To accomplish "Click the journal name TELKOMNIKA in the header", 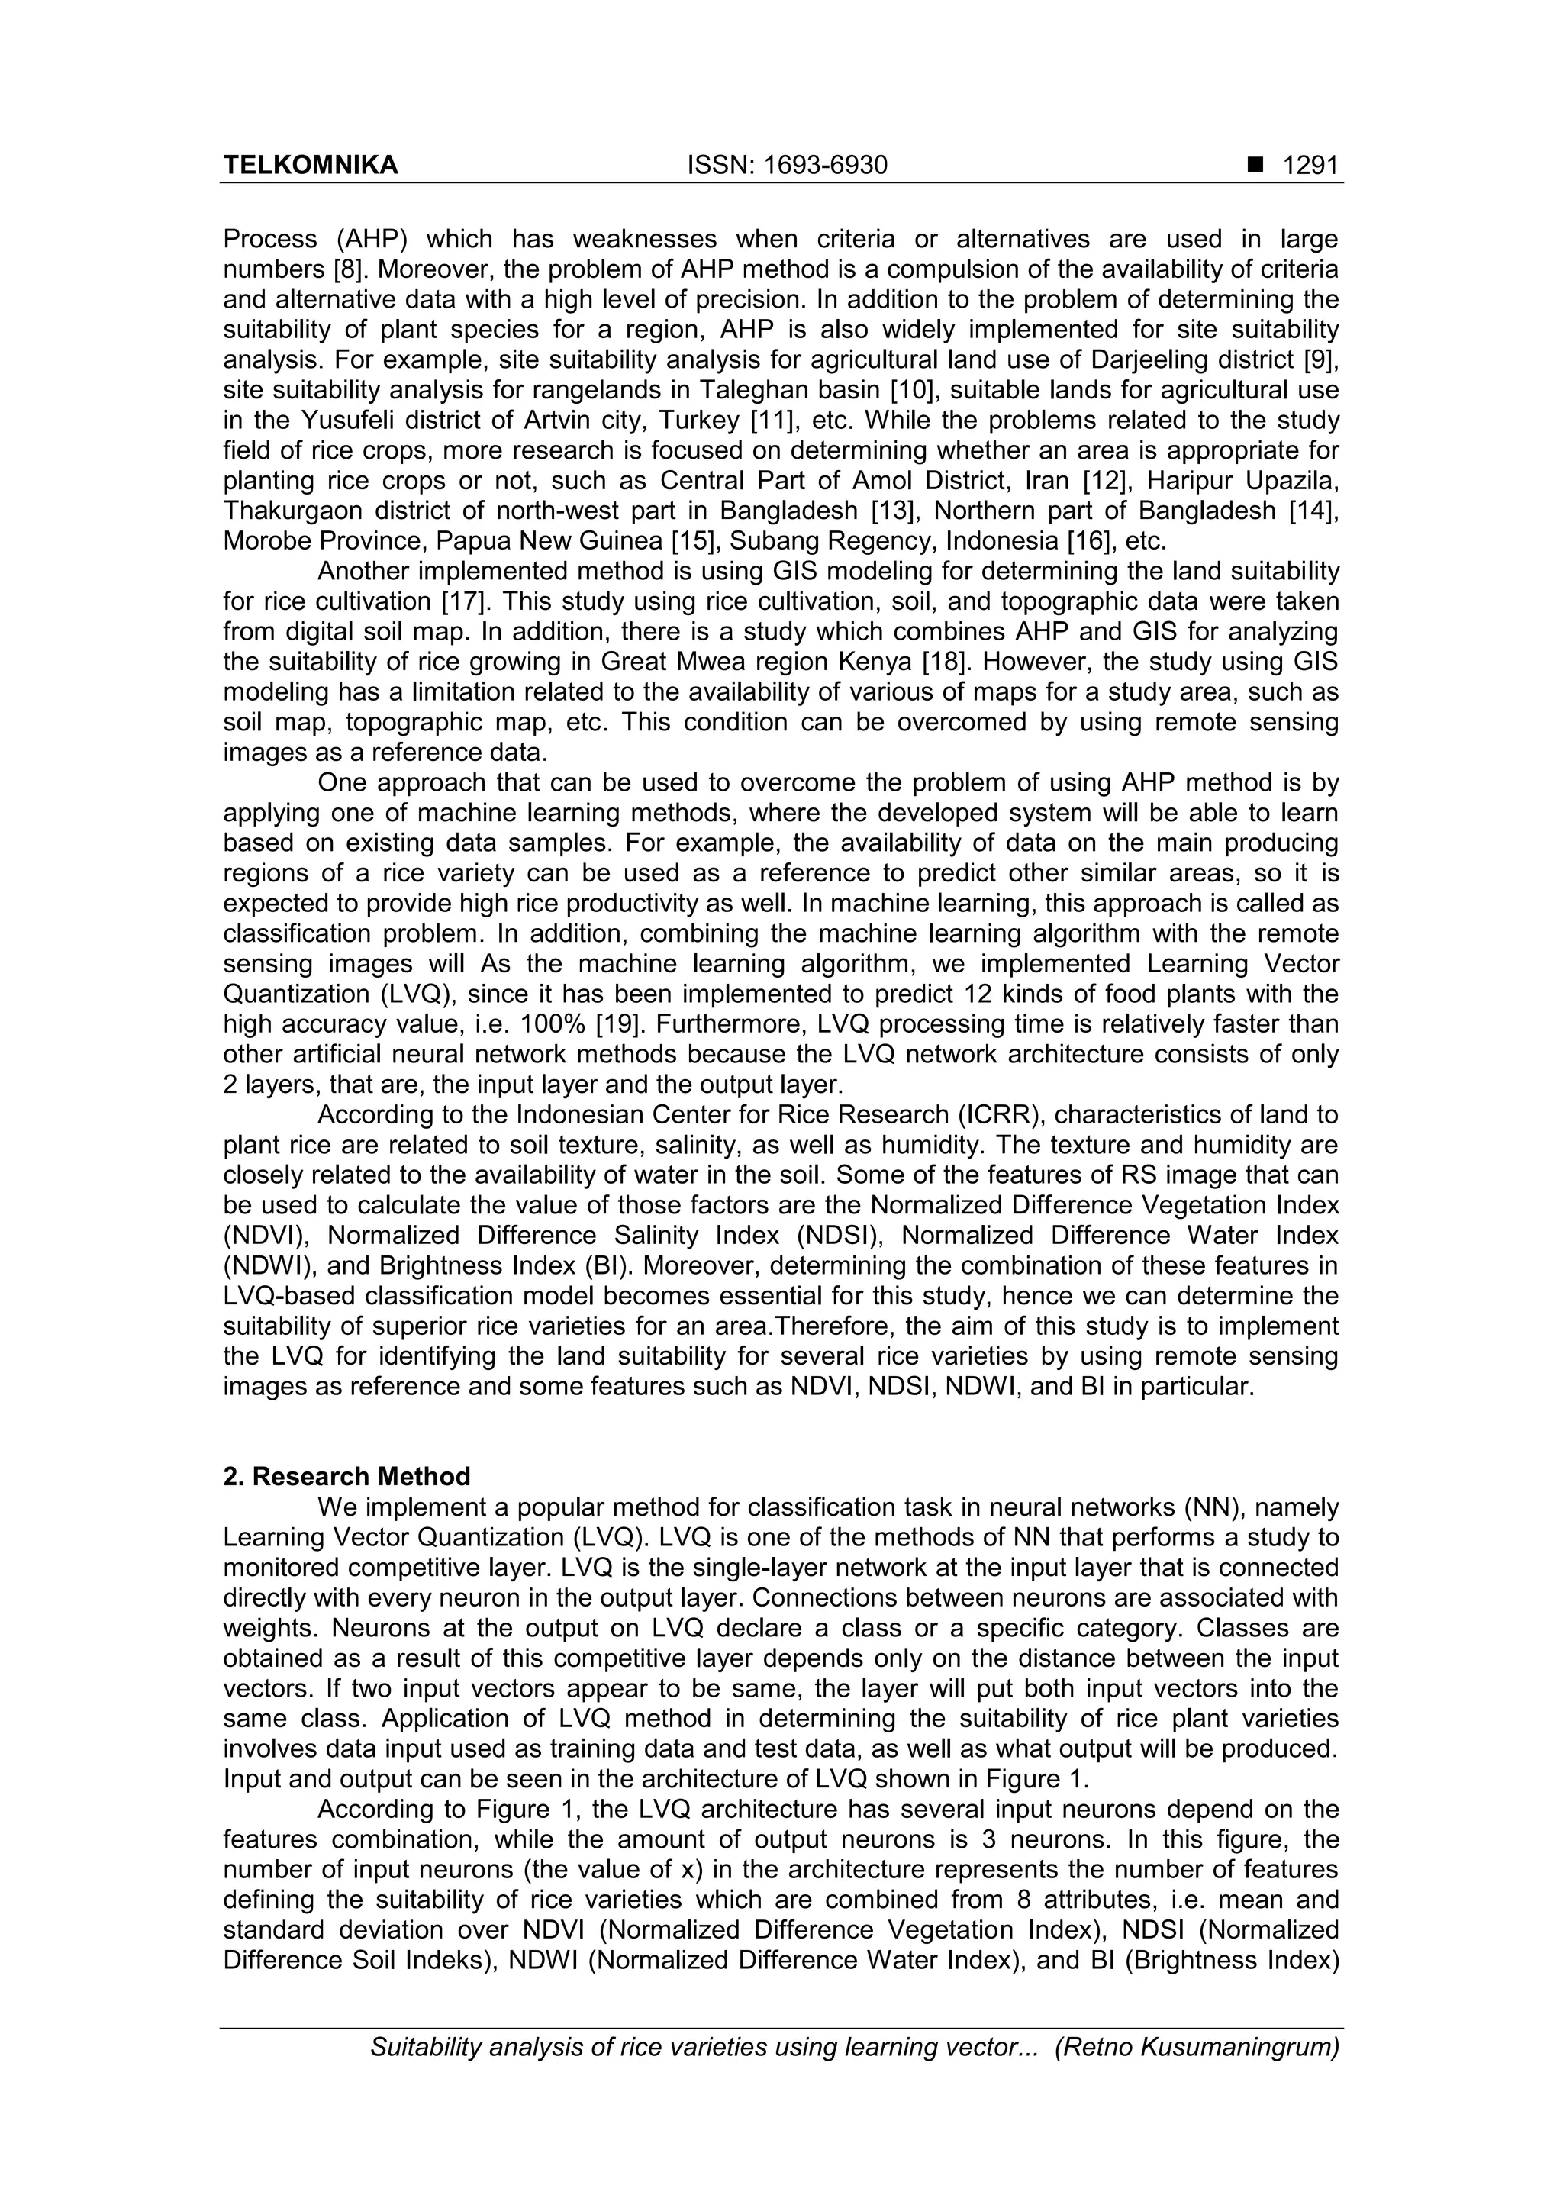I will [x=310, y=166].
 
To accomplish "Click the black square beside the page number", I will [x=1255, y=166].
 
